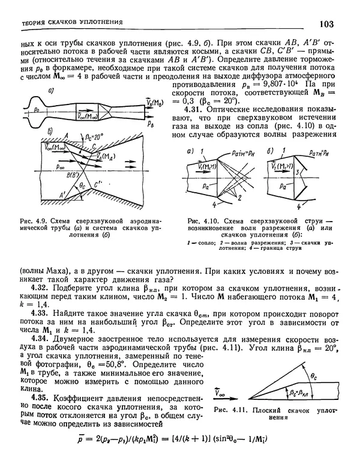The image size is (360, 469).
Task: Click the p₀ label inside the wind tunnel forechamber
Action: point(38,111)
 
